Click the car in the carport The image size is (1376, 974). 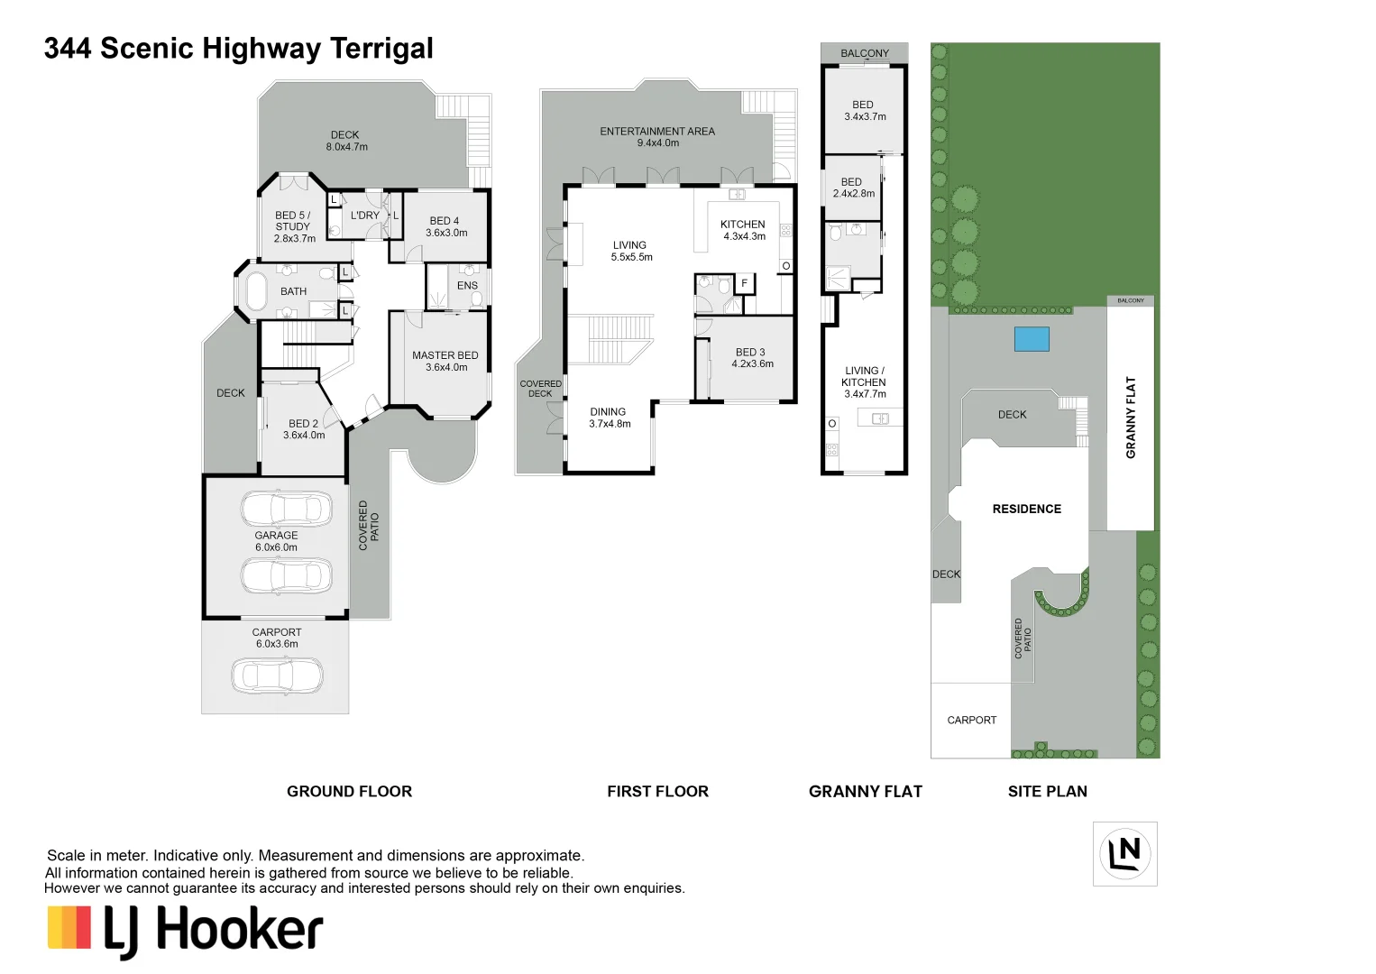[278, 675]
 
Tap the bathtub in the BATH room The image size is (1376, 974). [256, 291]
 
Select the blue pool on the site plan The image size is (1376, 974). [1032, 339]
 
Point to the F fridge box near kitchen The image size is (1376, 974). [744, 283]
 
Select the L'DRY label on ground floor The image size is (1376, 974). [365, 215]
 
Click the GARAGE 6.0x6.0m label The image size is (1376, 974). [277, 541]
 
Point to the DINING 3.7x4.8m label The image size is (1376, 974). [609, 418]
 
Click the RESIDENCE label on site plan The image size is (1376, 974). [1027, 509]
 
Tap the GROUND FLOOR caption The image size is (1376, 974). [350, 791]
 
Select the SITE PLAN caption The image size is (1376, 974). [1048, 791]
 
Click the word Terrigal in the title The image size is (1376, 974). [381, 49]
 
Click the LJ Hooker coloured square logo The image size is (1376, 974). [69, 927]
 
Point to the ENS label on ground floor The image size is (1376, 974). [467, 285]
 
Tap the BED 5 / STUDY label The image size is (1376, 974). [294, 226]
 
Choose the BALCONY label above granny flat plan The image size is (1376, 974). [865, 53]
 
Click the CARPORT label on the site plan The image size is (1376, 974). [972, 720]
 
